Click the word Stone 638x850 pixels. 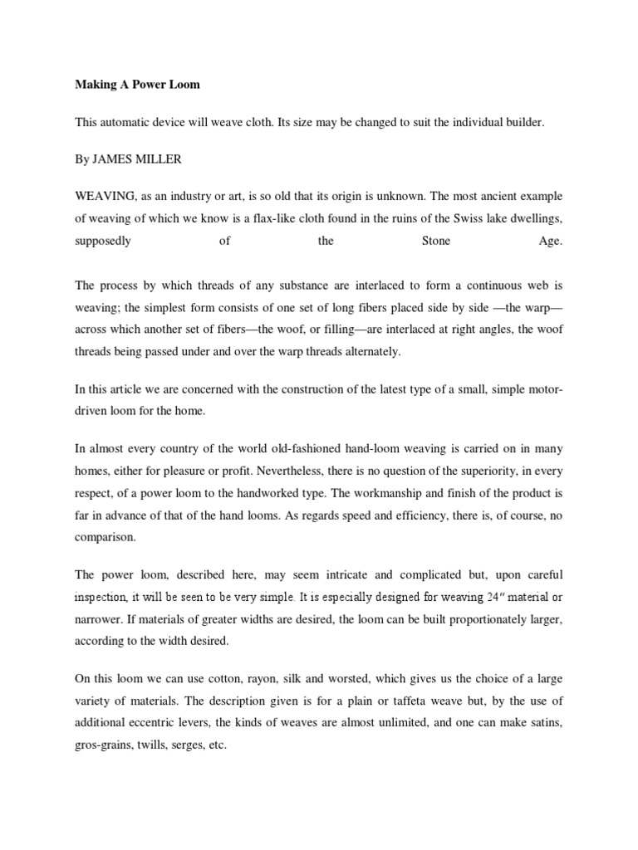coord(429,241)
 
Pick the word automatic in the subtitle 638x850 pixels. coord(131,122)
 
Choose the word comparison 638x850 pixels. coord(105,538)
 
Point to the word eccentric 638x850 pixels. coord(164,724)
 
